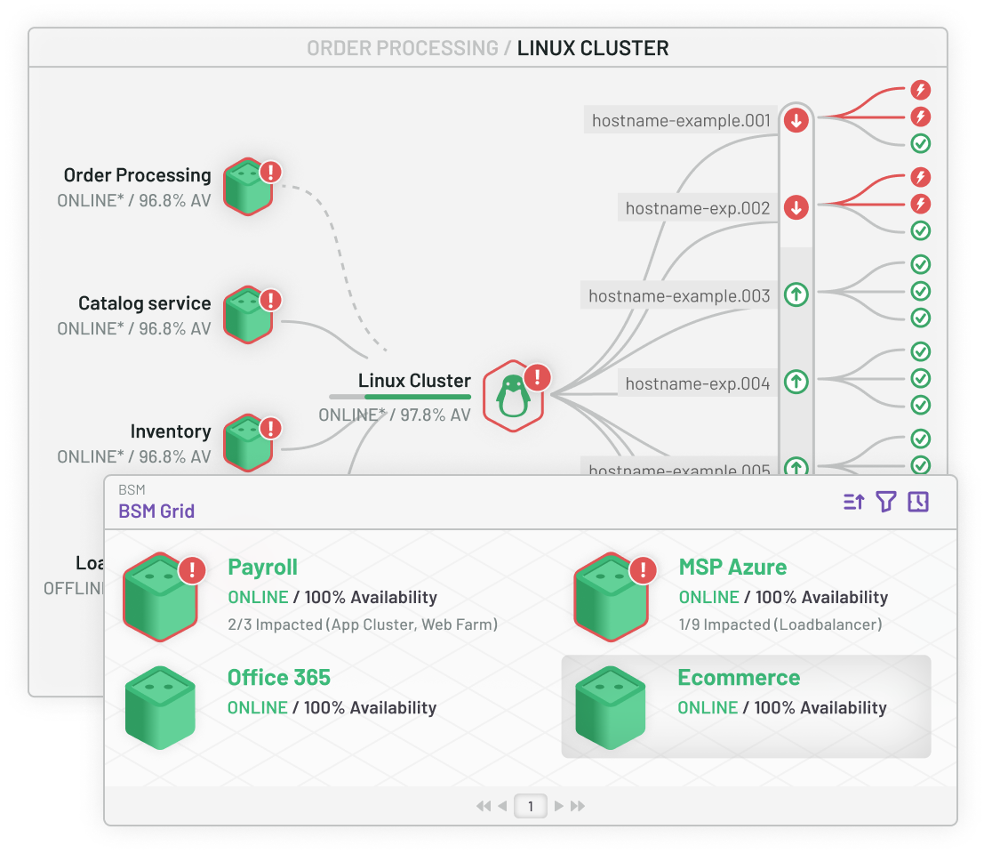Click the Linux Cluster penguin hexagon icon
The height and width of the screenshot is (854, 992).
click(513, 396)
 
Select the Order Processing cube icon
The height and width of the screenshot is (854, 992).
click(247, 187)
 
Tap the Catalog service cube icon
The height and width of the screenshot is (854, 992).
click(247, 315)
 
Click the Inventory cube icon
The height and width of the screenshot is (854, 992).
click(247, 443)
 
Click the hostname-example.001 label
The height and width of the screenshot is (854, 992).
click(681, 120)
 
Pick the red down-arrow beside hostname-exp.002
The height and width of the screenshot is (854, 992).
click(796, 208)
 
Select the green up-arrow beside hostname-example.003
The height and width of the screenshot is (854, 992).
click(796, 294)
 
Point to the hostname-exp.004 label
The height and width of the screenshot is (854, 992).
click(697, 383)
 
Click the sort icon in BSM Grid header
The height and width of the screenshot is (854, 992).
click(853, 503)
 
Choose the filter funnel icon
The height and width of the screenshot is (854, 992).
click(885, 503)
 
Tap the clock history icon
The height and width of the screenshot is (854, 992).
click(918, 503)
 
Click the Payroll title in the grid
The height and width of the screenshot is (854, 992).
click(262, 568)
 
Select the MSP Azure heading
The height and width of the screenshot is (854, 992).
click(732, 568)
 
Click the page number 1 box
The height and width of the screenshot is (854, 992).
click(531, 806)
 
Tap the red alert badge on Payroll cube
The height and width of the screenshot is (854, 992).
click(192, 570)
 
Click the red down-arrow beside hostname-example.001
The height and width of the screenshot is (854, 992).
click(796, 120)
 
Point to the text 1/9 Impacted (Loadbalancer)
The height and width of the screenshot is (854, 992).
click(780, 624)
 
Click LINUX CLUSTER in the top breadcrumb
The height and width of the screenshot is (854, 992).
click(592, 48)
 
